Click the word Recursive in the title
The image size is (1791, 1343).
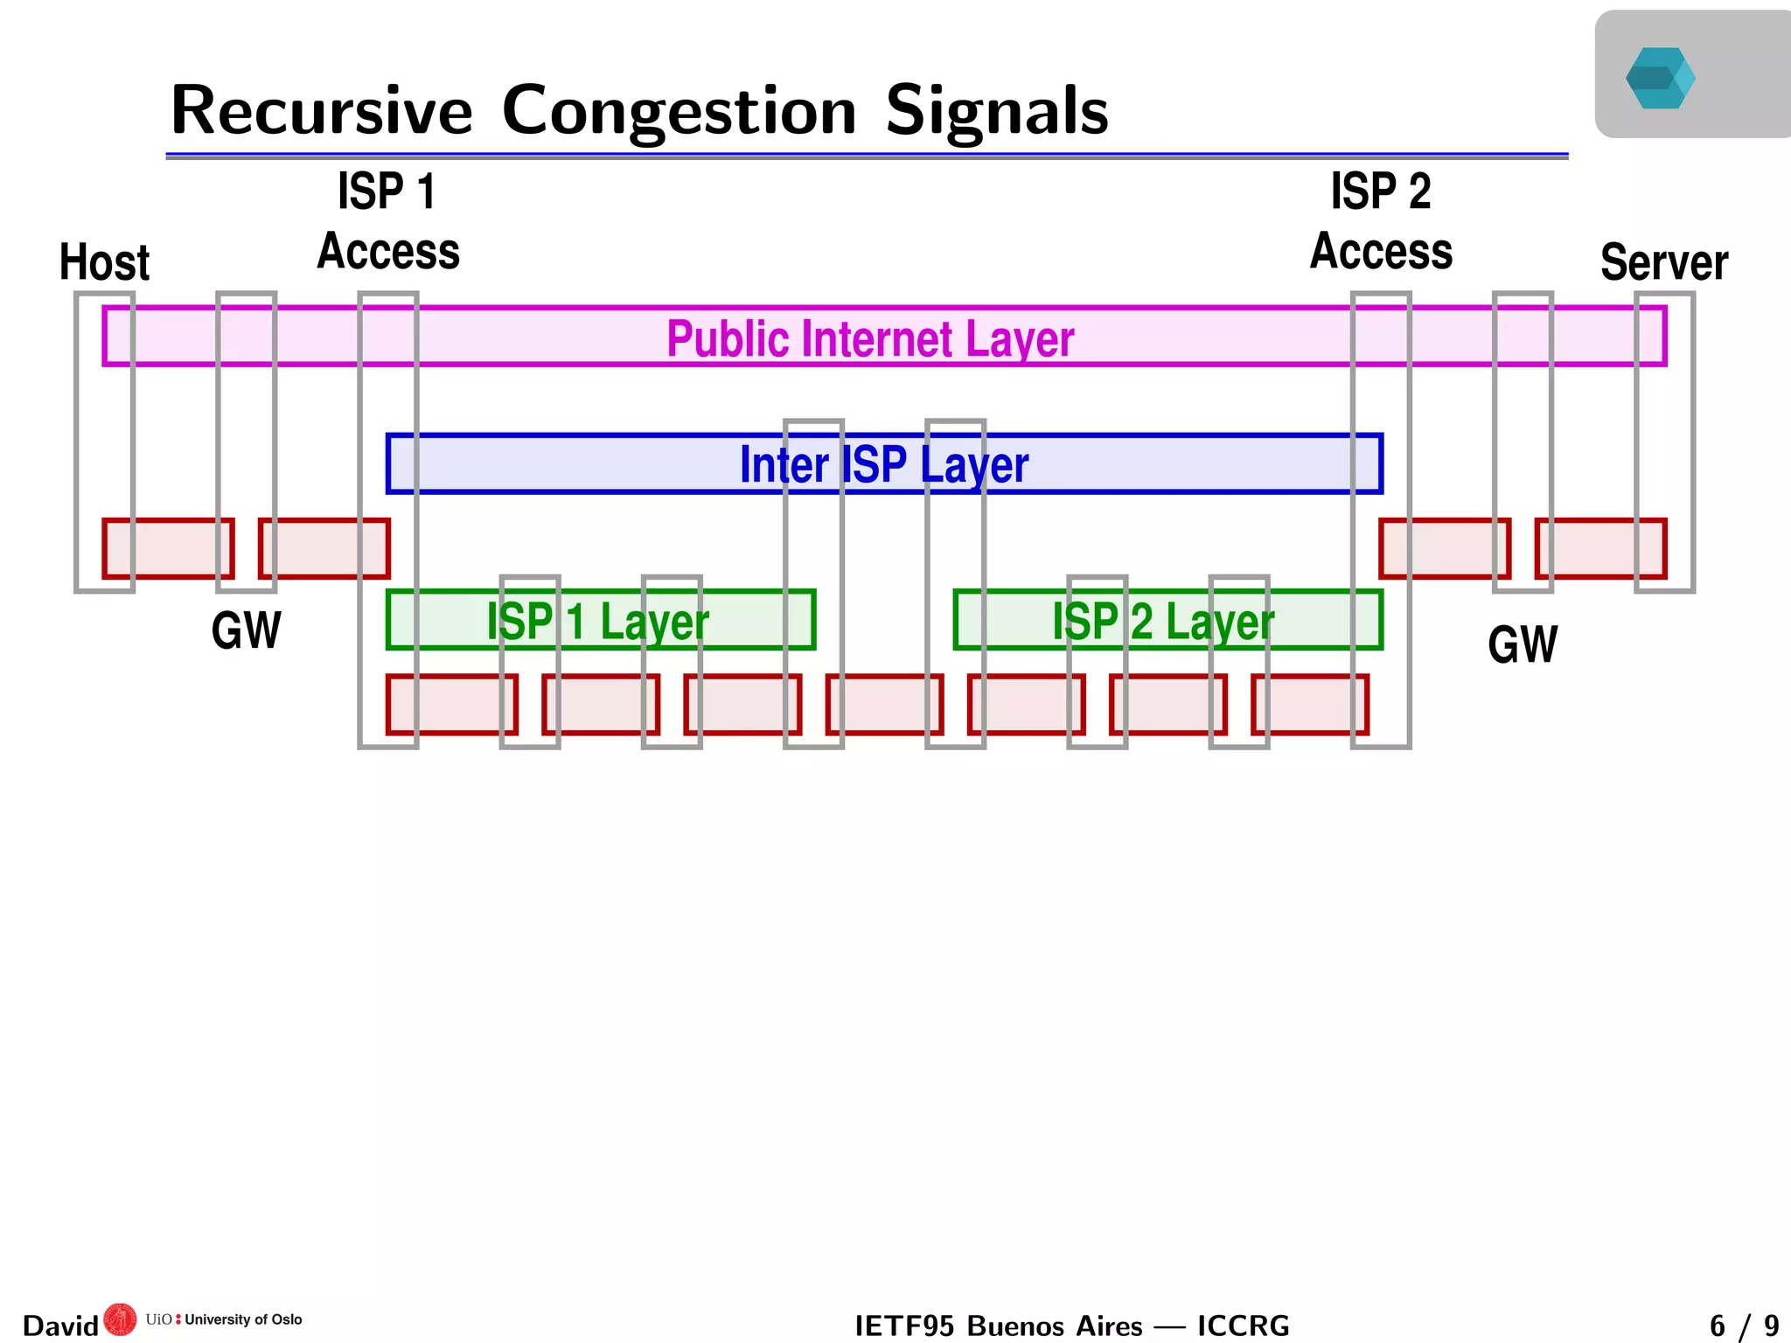tap(321, 111)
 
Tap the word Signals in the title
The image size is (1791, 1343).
tap(996, 111)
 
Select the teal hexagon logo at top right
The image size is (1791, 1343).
tap(1660, 78)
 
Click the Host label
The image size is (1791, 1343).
tap(104, 262)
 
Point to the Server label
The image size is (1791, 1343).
tap(1663, 262)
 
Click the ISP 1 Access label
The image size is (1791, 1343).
tap(387, 221)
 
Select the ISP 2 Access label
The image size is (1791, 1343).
tap(1380, 221)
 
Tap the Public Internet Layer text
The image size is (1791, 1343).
tap(869, 338)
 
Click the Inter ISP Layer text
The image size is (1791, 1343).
tap(883, 464)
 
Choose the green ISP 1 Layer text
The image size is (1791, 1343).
tap(597, 622)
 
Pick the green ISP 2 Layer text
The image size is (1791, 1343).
tap(1162, 622)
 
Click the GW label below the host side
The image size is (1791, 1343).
tap(246, 630)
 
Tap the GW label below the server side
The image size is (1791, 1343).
tap(1522, 645)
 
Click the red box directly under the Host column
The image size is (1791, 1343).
tap(168, 548)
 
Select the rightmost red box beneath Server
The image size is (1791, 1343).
tap(1600, 548)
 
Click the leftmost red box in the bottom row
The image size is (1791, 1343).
tap(451, 704)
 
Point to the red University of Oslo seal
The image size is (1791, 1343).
tap(120, 1319)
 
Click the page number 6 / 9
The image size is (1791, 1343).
tap(1744, 1326)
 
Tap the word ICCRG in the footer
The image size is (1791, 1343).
tap(1243, 1326)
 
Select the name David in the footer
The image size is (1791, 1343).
tap(59, 1326)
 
